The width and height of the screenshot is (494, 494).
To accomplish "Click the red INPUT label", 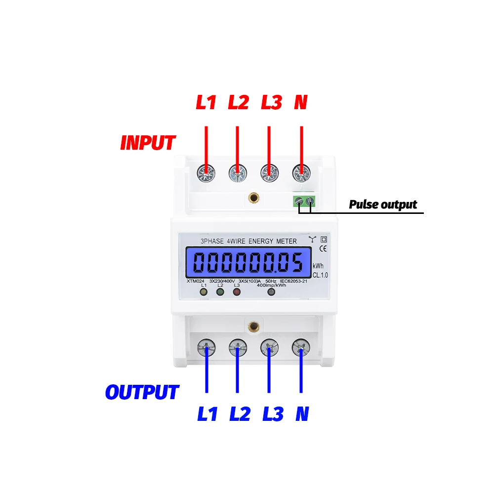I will click(148, 142).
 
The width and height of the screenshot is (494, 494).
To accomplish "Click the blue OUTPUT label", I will click(142, 392).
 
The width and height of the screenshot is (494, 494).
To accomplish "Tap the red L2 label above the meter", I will click(238, 102).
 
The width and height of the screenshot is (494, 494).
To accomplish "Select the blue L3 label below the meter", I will click(272, 413).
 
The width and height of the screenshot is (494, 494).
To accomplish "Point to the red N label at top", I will click(300, 102).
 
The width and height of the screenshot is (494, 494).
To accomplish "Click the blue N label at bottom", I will click(302, 413).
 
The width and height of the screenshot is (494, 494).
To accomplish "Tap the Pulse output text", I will click(383, 204).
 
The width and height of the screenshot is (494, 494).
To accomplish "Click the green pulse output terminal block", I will click(304, 201).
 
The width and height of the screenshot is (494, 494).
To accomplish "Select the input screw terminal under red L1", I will click(206, 173).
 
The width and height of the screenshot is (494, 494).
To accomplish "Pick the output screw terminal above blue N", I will click(300, 348).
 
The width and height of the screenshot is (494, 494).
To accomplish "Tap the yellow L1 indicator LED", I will click(203, 292).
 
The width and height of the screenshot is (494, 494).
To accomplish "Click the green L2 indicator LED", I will click(220, 292).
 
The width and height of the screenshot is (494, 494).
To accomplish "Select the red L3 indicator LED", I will click(237, 292).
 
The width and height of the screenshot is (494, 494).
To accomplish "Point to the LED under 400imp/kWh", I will click(271, 292).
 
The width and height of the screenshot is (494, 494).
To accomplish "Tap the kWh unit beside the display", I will click(318, 266).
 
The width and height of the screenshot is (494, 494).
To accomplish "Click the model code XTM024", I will click(196, 281).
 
